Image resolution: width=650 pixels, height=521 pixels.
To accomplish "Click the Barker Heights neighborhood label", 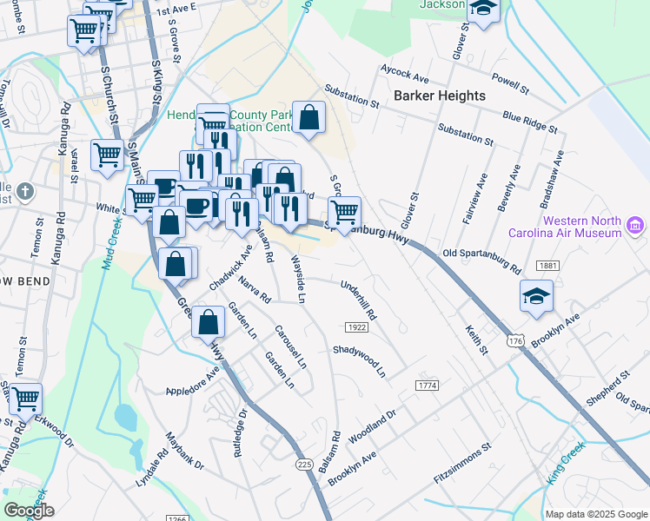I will point(440,96).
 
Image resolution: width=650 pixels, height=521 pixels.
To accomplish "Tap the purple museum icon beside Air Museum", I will point(635,228).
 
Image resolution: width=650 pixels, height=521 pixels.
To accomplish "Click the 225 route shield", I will point(304,465).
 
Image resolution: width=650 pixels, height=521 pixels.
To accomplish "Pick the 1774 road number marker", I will point(427,385).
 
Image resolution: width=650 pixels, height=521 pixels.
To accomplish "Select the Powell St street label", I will point(510,84).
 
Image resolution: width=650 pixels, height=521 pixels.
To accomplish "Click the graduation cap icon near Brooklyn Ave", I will point(536,296).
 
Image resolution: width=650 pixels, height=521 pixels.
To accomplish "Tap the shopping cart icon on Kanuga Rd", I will point(25,399).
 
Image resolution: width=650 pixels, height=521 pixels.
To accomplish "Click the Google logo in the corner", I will point(30,511).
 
